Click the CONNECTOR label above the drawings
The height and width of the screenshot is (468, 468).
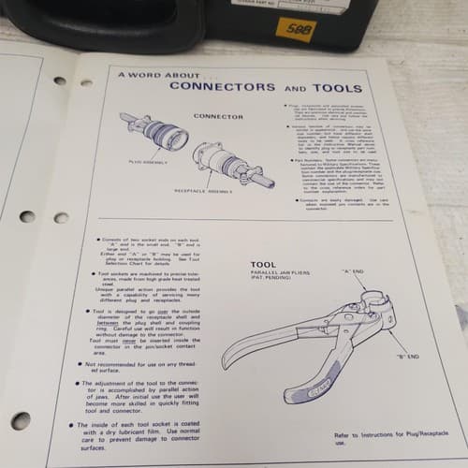212,117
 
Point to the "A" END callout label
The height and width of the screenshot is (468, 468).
352,271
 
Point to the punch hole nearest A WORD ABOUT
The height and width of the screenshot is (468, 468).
85,81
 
